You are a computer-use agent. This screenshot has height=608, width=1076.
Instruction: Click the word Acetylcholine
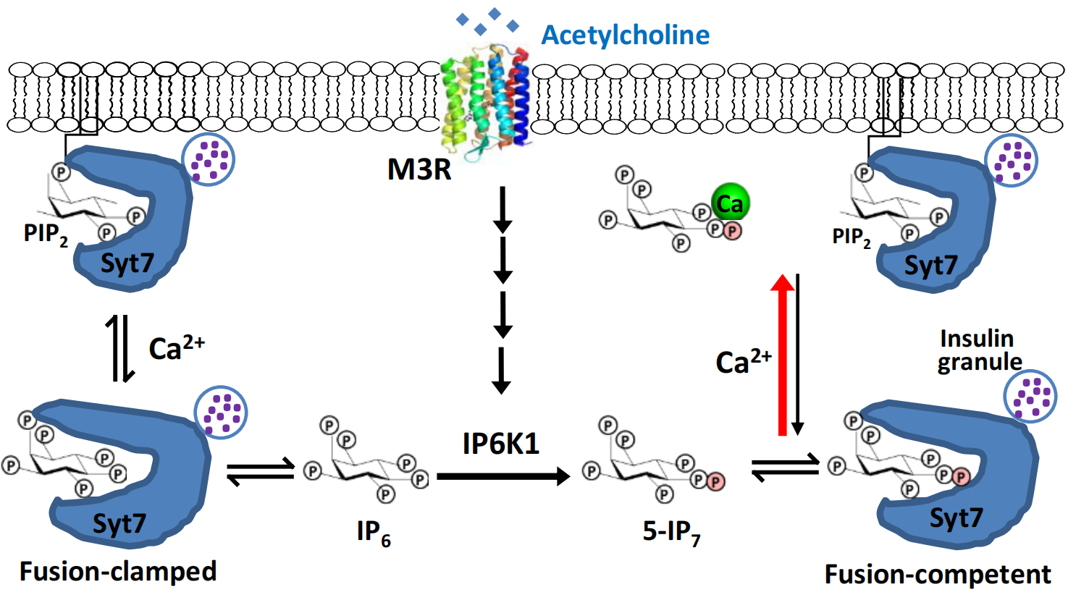626,35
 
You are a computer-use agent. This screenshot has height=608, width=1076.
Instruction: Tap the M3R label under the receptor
419,169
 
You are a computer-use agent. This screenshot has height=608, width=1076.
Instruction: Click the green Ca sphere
730,203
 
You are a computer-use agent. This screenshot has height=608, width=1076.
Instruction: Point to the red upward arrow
782,355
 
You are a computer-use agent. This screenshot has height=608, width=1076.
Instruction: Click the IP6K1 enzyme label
501,443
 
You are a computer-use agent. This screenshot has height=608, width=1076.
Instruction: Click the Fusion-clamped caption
118,571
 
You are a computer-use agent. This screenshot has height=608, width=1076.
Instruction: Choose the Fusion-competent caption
938,575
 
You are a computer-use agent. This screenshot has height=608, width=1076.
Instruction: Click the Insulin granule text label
979,350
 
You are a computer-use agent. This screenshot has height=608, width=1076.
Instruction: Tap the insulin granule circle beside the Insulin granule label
1030,397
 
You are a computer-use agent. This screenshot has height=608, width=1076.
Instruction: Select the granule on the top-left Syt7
208,159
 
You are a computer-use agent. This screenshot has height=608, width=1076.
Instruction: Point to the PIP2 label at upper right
852,237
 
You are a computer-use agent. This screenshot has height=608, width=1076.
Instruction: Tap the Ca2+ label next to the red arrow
743,360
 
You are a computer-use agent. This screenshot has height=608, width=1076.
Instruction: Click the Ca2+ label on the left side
176,347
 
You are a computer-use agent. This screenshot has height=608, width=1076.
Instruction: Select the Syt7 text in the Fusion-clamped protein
119,523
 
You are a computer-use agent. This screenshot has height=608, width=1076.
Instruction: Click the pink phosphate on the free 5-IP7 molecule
715,481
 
